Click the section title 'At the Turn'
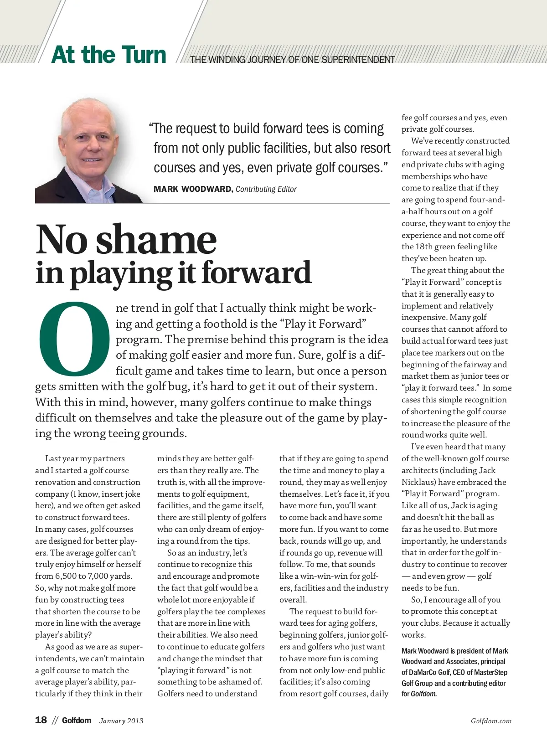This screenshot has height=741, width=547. click(109, 55)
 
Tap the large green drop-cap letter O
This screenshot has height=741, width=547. click(74, 337)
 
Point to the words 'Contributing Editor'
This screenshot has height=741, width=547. click(266, 189)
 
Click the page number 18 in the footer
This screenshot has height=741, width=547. click(41, 720)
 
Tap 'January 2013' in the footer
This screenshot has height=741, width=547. click(121, 720)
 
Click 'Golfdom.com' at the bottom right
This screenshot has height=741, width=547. click(491, 720)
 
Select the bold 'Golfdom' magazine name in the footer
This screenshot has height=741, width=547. click(77, 720)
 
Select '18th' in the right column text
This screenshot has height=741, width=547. click(426, 247)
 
